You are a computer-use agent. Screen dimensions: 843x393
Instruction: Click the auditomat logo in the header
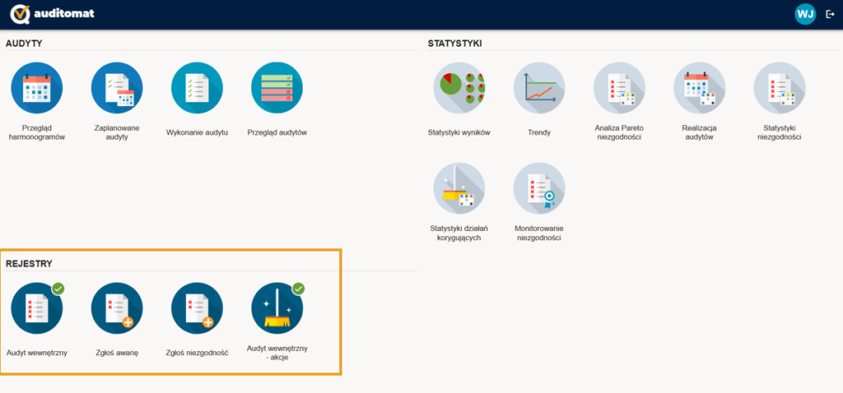click(52, 14)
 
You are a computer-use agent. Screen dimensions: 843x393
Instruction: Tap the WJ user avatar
click(805, 15)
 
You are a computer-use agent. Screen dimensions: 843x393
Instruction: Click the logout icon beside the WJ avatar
click(830, 15)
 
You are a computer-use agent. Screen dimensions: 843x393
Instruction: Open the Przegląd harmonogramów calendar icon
click(36, 87)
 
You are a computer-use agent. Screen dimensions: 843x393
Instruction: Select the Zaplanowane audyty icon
click(117, 87)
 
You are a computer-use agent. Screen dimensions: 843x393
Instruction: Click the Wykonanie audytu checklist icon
click(197, 87)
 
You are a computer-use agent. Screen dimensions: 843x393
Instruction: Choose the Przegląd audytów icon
click(277, 87)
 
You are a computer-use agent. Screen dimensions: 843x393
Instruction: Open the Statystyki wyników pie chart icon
click(459, 87)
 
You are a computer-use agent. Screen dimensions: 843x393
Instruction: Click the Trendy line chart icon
click(539, 87)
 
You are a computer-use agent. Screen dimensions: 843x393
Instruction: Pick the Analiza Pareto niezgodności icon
click(619, 87)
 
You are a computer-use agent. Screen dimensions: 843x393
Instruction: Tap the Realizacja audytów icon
click(700, 87)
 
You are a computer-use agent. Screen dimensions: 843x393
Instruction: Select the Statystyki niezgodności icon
click(780, 87)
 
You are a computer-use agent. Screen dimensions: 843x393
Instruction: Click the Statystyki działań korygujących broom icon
click(459, 188)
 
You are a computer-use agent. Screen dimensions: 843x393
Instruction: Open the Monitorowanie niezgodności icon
click(539, 188)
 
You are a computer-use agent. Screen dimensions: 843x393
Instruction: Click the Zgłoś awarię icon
click(117, 308)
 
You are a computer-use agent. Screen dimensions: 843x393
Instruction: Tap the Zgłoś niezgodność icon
click(197, 308)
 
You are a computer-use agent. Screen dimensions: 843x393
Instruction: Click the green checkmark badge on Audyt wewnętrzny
click(58, 289)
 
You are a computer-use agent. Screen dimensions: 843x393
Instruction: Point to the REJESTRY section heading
click(29, 264)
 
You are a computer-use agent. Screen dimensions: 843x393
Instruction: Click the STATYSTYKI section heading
click(454, 44)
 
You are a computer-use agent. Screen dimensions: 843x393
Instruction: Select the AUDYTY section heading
click(24, 44)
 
